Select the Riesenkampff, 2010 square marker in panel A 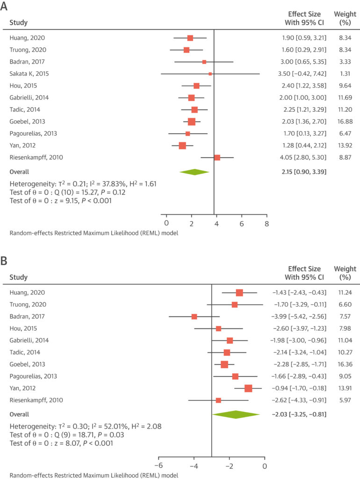coord(217,158)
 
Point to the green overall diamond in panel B coord(236,414)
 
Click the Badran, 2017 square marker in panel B coord(194,317)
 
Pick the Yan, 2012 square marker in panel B coord(248,388)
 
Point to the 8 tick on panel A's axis coord(267,224)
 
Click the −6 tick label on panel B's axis coord(159,466)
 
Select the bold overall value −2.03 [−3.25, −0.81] coord(299,414)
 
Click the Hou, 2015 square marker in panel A coord(196,86)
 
